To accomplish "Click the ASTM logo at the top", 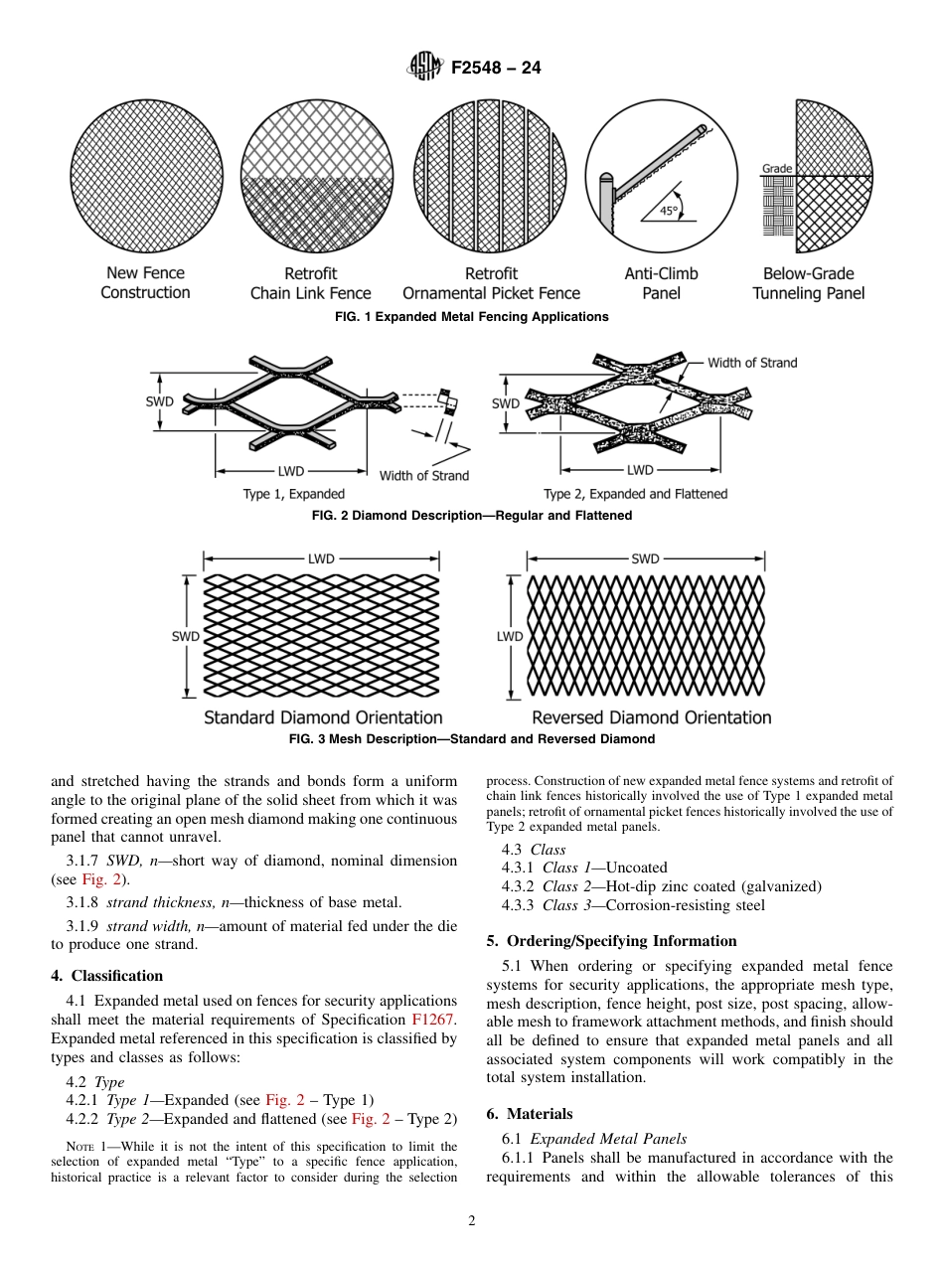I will tap(425, 68).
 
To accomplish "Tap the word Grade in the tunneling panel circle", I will tap(776, 169).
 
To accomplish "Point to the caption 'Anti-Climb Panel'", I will tap(661, 283).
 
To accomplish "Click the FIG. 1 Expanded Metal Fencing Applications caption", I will tap(471, 317).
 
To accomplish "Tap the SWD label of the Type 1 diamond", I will tap(159, 401).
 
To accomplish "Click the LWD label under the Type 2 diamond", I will tap(640, 470).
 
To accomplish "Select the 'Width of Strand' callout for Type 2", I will tap(751, 363).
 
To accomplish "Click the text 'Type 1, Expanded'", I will tap(294, 494).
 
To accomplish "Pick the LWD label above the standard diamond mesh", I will tap(321, 559).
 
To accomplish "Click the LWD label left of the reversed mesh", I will tap(510, 636).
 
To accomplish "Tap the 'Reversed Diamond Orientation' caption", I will tap(651, 717).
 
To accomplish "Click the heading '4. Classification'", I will tap(106, 976).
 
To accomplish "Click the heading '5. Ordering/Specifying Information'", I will tap(611, 941).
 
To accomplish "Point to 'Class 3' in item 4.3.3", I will tap(566, 905).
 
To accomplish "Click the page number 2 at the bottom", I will tap(472, 1221).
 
